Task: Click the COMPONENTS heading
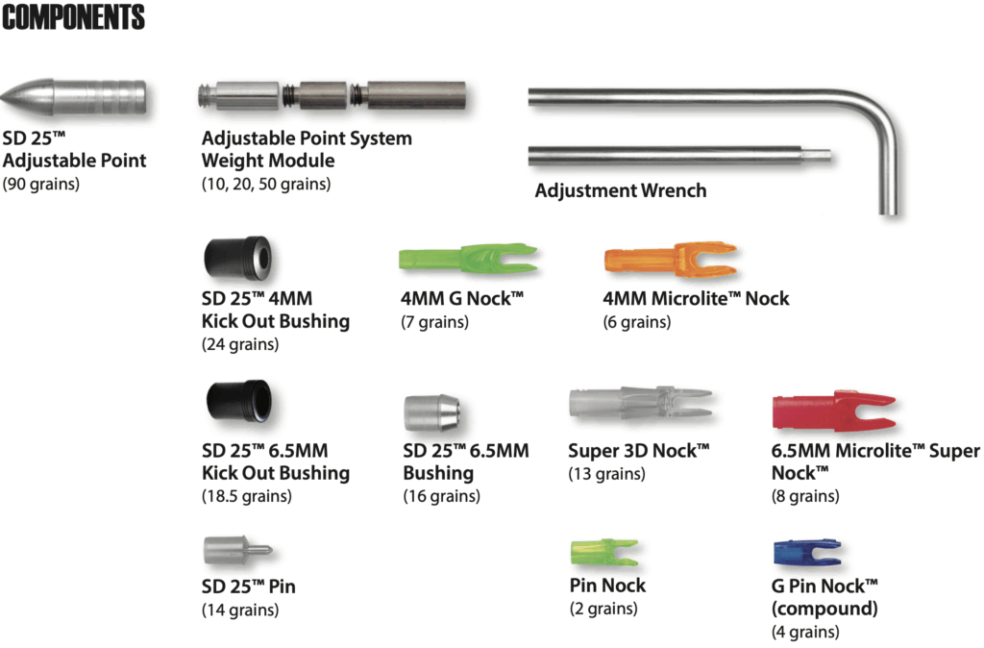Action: (73, 17)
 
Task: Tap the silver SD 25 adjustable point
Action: (74, 98)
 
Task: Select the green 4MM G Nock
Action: (468, 258)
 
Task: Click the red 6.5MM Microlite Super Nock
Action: (834, 411)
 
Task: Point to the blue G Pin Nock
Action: (807, 553)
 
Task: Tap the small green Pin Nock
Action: (604, 552)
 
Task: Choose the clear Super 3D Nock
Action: (641, 403)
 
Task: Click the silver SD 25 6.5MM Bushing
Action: (432, 412)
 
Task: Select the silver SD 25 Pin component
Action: (237, 551)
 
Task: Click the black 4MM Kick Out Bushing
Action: (237, 258)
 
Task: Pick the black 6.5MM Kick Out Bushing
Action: (239, 401)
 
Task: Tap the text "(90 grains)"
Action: (40, 184)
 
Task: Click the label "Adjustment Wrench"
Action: (621, 190)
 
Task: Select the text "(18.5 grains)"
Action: (247, 496)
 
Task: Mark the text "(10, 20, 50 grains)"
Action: (266, 184)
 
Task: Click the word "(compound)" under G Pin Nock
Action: (824, 609)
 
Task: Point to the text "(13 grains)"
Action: (607, 473)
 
